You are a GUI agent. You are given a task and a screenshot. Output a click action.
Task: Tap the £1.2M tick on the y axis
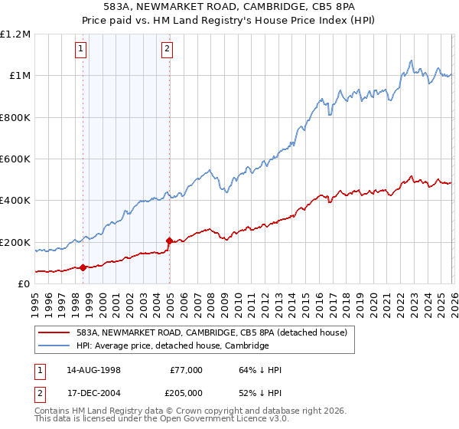(x=15, y=34)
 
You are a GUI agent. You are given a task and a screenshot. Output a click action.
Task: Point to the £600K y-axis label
(x=15, y=159)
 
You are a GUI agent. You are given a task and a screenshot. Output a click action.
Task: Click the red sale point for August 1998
(x=83, y=267)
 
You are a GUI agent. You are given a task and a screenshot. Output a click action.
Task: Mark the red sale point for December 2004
(x=169, y=241)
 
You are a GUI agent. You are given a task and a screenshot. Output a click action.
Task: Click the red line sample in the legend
(x=54, y=332)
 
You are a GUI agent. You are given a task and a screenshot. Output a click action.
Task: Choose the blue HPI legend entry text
(x=172, y=345)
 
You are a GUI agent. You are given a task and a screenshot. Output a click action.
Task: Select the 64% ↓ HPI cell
(x=260, y=370)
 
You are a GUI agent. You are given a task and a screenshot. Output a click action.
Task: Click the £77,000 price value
(x=186, y=370)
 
